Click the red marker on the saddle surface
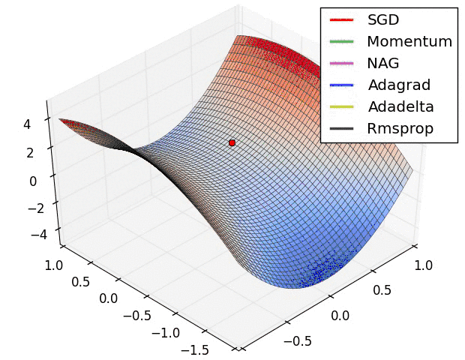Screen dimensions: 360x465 click(232, 142)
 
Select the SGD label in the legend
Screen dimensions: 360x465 click(382, 19)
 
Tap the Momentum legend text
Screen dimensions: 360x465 click(409, 41)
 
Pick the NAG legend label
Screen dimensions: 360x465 click(383, 63)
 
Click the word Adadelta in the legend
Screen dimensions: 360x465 click(400, 106)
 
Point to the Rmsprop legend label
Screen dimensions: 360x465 click(400, 128)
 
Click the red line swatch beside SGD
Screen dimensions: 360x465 click(340, 19)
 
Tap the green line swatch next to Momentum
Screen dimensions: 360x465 click(340, 41)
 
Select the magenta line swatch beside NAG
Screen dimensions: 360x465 click(340, 63)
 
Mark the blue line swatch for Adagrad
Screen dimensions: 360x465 click(340, 85)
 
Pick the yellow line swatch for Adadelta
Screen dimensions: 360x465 click(340, 106)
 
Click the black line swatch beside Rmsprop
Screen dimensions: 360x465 click(340, 128)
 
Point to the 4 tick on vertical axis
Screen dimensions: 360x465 click(27, 125)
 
